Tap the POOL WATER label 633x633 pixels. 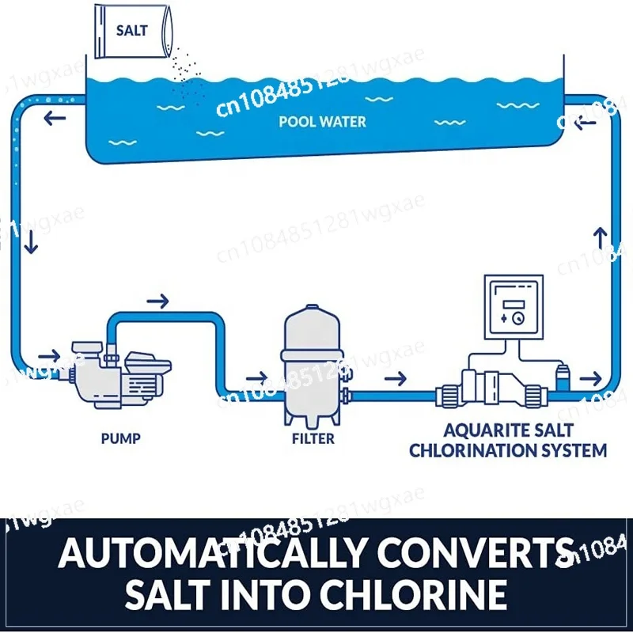[x=323, y=122]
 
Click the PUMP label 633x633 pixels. [x=121, y=438]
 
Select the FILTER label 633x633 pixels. [x=313, y=438]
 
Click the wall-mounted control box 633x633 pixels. [x=514, y=307]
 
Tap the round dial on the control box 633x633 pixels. [x=517, y=319]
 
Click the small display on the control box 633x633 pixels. [x=513, y=305]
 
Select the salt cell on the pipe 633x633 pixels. [x=491, y=389]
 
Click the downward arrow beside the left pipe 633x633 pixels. [x=31, y=243]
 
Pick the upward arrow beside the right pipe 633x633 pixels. [x=601, y=238]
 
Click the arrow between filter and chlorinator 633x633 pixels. [x=396, y=379]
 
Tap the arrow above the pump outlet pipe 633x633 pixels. [x=157, y=301]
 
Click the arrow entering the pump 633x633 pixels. [x=49, y=356]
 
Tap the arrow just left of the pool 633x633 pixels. [x=55, y=119]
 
